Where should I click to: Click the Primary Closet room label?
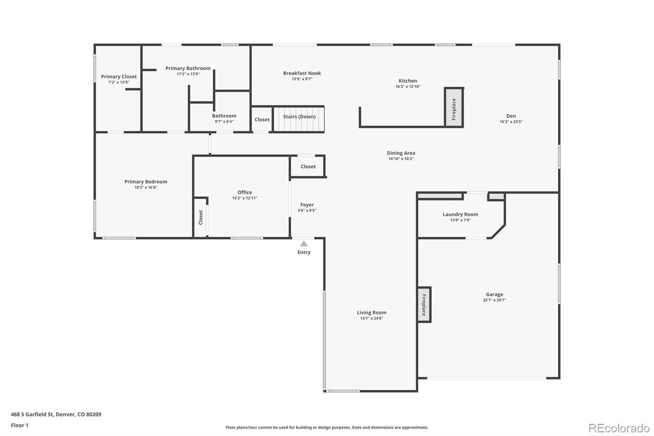click(x=119, y=76)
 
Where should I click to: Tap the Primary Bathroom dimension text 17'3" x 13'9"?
click(x=188, y=74)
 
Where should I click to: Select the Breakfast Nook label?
click(x=302, y=73)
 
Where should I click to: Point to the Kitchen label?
click(x=408, y=81)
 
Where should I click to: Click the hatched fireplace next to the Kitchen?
click(x=454, y=108)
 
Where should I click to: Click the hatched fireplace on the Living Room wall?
click(x=424, y=305)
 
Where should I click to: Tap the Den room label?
click(x=511, y=116)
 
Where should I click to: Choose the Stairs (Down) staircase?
click(x=299, y=119)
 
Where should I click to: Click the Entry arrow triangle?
click(x=304, y=244)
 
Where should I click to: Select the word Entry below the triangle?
click(x=304, y=252)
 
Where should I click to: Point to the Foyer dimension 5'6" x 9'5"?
click(x=307, y=210)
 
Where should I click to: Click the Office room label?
click(x=245, y=192)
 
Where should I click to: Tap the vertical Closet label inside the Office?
click(x=201, y=218)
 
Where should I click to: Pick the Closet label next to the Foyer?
click(x=308, y=166)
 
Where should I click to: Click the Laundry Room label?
click(x=460, y=214)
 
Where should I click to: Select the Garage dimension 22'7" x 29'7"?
click(x=494, y=300)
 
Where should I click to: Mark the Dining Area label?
click(x=401, y=153)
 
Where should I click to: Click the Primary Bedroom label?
click(x=146, y=182)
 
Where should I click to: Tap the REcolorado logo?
click(x=619, y=428)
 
